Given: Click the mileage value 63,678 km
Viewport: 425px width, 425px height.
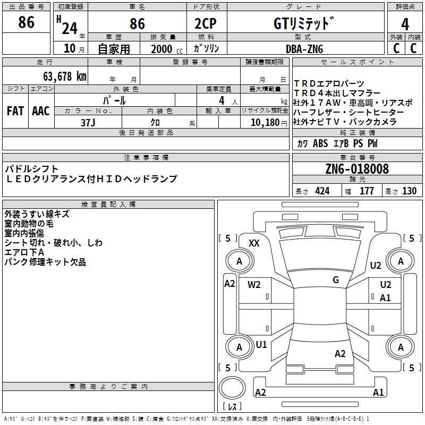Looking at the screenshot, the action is tap(65, 76).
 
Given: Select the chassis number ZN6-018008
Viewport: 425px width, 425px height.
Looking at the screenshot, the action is tap(357, 168).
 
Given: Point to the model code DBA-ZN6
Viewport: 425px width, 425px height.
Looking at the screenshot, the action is tap(304, 49).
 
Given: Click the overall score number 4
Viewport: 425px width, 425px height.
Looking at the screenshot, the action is tap(405, 24).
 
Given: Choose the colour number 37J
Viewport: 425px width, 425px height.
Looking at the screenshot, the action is tap(88, 123).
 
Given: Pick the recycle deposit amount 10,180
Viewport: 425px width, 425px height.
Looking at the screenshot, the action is tap(265, 123).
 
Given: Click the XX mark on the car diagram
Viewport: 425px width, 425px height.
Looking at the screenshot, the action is tap(254, 243).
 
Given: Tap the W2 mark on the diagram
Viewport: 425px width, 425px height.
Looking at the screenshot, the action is tap(254, 284).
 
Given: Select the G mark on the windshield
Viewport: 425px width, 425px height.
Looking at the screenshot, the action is tap(336, 279).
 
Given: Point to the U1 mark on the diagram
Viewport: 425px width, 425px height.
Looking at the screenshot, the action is tap(261, 345).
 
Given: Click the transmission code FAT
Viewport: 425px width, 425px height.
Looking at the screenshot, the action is tap(15, 111).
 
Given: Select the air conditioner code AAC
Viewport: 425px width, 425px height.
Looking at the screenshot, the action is tap(41, 111).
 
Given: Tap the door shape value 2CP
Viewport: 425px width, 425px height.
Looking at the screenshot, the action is tap(206, 23).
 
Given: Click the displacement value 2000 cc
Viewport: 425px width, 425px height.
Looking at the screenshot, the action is tap(167, 49).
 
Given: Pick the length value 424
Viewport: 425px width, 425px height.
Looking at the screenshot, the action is tap(322, 191).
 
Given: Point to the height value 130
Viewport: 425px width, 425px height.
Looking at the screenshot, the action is tap(409, 191).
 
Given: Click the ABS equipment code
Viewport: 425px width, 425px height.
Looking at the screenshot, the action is tap(320, 143).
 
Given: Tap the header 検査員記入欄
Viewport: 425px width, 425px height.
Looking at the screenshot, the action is tap(108, 205).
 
